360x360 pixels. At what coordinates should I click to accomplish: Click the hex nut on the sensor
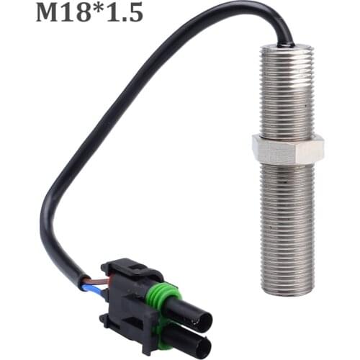[288, 150]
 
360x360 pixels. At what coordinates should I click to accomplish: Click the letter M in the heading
[49, 12]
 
